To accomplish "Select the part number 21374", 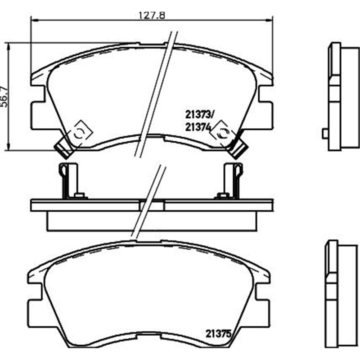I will tap(198, 127).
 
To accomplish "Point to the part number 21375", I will tap(218, 334).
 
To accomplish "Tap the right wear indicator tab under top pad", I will tap(239, 149).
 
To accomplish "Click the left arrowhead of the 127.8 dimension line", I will tap(34, 20).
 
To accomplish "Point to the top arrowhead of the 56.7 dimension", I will tap(8, 45).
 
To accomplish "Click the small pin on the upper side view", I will tap(325, 133).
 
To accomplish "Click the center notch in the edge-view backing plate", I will tap(152, 205).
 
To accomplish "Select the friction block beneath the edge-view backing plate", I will tap(152, 220).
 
